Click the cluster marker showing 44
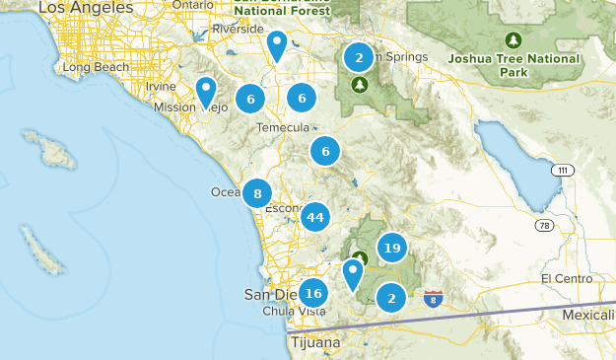[315, 217]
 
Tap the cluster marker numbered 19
[392, 249]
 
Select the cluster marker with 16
[313, 293]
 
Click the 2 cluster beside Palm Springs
[359, 58]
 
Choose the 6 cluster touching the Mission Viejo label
[251, 99]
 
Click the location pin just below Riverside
[278, 45]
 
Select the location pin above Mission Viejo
[206, 92]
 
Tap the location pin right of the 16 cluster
[353, 272]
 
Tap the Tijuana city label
[315, 342]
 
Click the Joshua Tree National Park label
[513, 65]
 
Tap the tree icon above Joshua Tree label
[513, 40]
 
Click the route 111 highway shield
[562, 171]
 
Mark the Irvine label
[160, 87]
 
